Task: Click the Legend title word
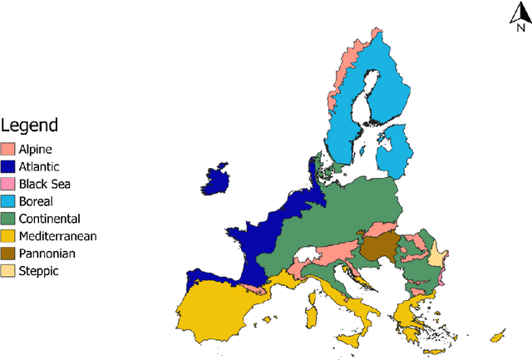[x=30, y=126]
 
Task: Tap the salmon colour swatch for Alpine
[x=9, y=150]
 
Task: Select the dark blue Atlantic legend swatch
[x=9, y=167]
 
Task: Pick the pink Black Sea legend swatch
[x=9, y=184]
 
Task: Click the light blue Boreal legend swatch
[x=9, y=201]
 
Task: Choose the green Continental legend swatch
[x=9, y=219]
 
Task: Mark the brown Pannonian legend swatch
[x=9, y=254]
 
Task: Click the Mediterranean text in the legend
[x=57, y=236]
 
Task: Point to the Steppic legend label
[x=38, y=271]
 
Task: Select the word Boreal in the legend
[x=36, y=201]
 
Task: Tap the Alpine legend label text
[x=36, y=150]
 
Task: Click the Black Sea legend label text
[x=44, y=184]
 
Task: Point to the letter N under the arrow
[x=520, y=26]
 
